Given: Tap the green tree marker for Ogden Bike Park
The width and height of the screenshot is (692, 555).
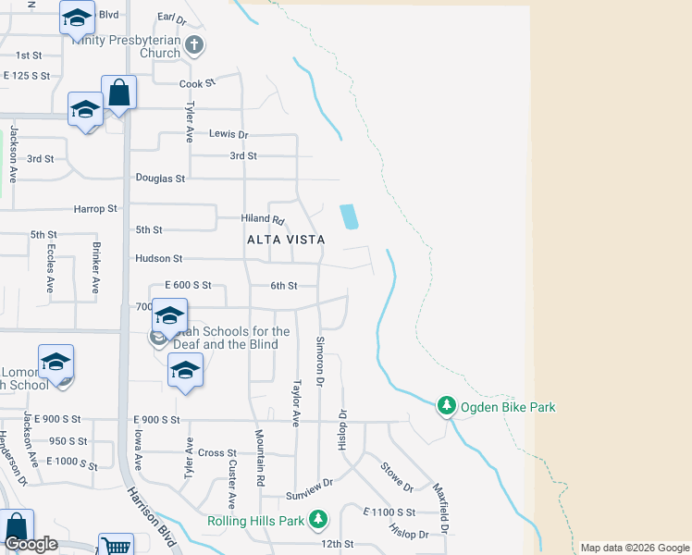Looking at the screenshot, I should [447, 405].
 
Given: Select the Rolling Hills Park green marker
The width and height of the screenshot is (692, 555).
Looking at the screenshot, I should [318, 520].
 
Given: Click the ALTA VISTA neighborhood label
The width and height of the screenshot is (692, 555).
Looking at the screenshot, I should [286, 240].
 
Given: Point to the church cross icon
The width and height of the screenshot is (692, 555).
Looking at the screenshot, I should [194, 43].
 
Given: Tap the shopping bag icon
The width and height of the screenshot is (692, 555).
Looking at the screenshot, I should [119, 92].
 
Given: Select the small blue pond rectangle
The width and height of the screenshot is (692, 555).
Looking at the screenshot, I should [349, 216].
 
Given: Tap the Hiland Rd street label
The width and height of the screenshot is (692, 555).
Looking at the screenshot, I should [264, 219].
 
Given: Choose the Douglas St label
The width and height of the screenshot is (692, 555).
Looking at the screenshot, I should [161, 178].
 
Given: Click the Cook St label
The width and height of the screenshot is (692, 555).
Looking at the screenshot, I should [197, 83].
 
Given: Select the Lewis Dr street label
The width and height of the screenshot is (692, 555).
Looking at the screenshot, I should [229, 134].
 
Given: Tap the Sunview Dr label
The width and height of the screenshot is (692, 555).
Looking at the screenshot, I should [309, 483].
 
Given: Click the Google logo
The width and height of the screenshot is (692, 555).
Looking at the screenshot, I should [31, 544].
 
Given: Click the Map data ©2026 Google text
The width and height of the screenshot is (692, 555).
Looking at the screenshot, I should [636, 548].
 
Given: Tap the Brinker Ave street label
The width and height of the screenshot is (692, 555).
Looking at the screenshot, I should [95, 268].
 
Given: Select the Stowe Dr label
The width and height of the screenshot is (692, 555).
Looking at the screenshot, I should [396, 475].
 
